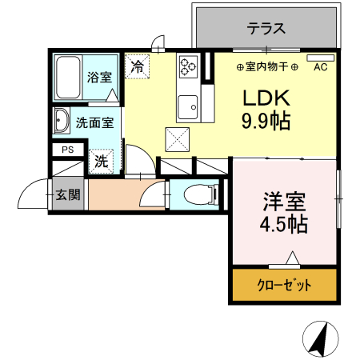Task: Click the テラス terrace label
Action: click(x=266, y=28)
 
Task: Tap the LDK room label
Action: click(x=261, y=98)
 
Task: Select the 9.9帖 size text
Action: click(x=261, y=122)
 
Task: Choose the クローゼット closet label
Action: click(x=284, y=285)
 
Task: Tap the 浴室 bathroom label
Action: click(x=99, y=77)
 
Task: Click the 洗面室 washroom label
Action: click(x=94, y=124)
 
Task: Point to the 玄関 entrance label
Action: click(x=67, y=195)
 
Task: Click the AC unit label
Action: click(x=320, y=67)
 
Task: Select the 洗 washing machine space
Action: click(x=102, y=161)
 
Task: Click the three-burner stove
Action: click(x=189, y=66)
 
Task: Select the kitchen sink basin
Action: click(x=189, y=104)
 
